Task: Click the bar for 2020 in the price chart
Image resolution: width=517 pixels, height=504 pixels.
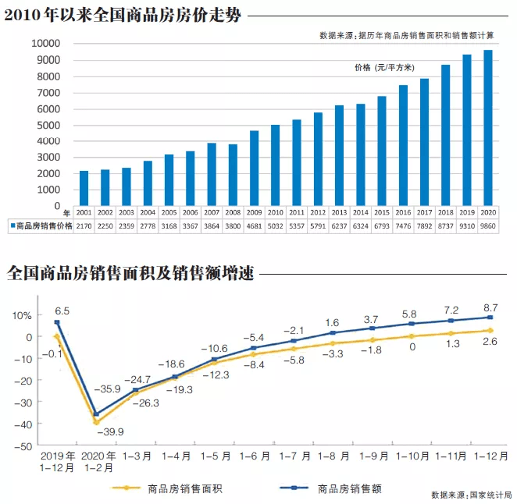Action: point(488,129)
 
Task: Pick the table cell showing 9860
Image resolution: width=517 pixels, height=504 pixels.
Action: point(488,225)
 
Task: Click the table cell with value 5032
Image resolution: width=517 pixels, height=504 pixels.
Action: point(276,225)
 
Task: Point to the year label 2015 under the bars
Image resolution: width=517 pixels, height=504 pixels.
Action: point(382,212)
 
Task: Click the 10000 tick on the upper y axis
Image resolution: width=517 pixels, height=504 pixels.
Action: point(46,44)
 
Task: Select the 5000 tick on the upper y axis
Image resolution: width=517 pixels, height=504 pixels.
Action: point(48,125)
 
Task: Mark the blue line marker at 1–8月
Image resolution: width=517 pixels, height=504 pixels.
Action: point(331,333)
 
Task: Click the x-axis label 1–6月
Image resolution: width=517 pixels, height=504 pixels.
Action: point(254,455)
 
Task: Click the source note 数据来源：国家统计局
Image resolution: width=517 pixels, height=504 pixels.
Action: point(470,495)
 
